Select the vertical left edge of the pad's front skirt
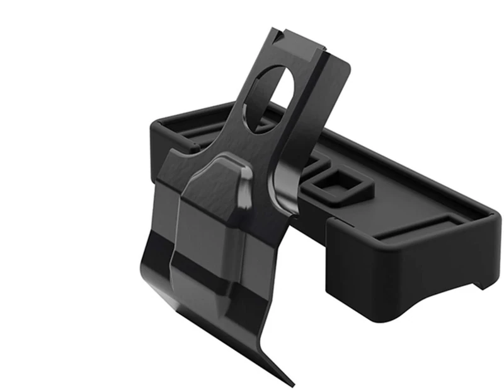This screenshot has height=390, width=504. tap(329, 252)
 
